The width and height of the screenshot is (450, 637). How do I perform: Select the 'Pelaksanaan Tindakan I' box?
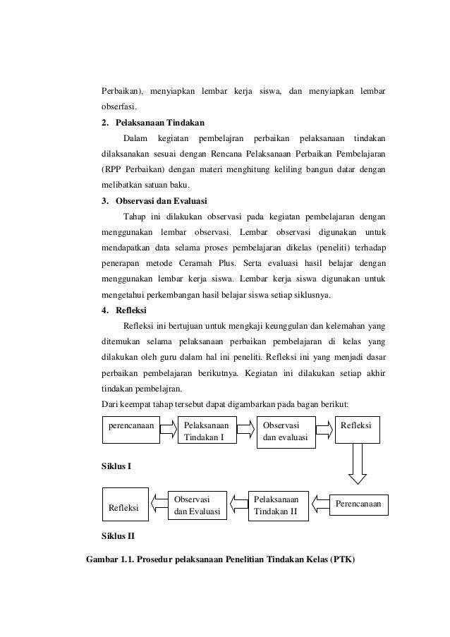tap(206, 432)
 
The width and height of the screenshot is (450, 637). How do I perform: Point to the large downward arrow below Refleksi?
tap(358, 466)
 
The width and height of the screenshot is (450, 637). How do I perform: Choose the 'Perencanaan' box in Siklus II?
tap(357, 504)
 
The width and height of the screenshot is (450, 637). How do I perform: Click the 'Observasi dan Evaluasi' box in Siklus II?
tap(197, 504)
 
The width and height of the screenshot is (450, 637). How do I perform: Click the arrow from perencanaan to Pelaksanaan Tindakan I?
tap(167, 427)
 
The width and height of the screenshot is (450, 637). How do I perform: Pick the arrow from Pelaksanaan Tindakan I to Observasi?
tap(245, 427)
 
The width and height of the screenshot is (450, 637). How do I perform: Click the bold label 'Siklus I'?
tap(117, 467)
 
